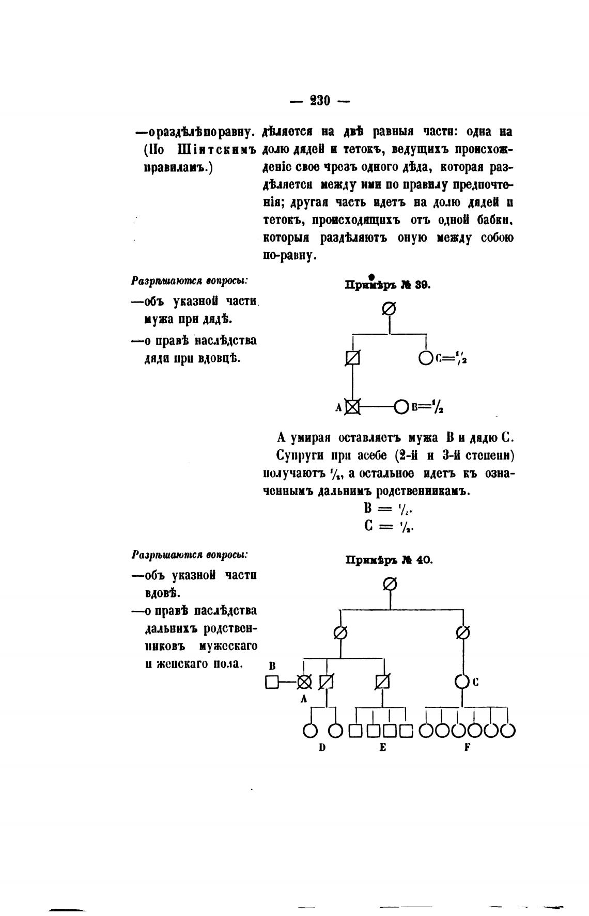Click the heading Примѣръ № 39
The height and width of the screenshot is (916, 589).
click(x=388, y=285)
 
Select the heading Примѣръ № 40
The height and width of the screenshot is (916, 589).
click(x=389, y=560)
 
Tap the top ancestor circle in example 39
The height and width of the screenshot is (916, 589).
click(x=389, y=309)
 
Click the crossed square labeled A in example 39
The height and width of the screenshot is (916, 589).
click(x=352, y=407)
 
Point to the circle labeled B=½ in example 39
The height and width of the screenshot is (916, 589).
click(x=401, y=407)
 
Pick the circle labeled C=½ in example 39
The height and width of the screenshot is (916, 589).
click(x=426, y=357)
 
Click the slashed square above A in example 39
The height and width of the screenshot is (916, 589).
click(x=352, y=357)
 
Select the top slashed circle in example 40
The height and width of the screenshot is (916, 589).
click(x=390, y=584)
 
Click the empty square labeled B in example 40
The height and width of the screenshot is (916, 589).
click(x=272, y=682)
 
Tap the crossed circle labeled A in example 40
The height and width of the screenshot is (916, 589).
click(x=304, y=682)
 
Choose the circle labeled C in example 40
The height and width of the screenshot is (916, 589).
click(x=461, y=682)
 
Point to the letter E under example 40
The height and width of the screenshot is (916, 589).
click(x=382, y=747)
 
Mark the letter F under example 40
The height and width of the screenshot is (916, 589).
click(x=466, y=747)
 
